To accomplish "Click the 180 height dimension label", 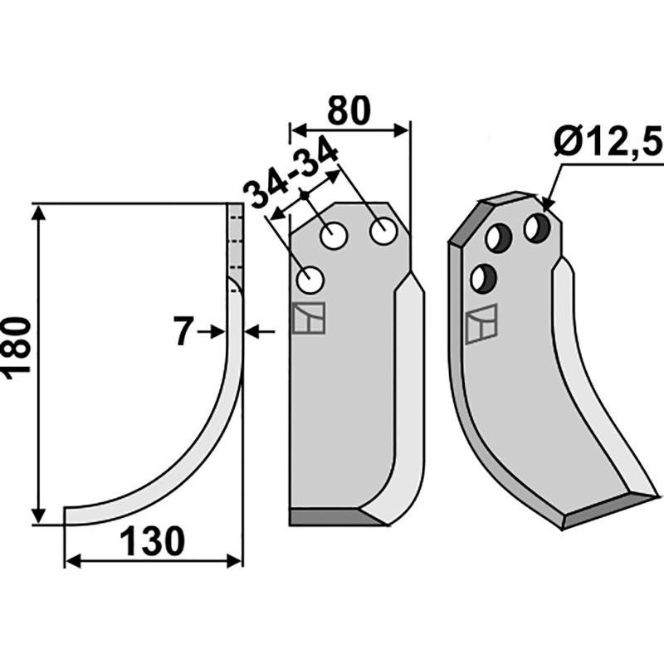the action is (17, 344).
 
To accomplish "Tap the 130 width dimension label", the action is (153, 541).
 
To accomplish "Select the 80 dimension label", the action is (349, 110).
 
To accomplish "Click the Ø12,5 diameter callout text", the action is (608, 141).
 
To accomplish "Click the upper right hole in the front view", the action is (383, 232).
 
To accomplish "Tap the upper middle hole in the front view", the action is (334, 236).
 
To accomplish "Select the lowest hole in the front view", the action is (310, 280).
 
